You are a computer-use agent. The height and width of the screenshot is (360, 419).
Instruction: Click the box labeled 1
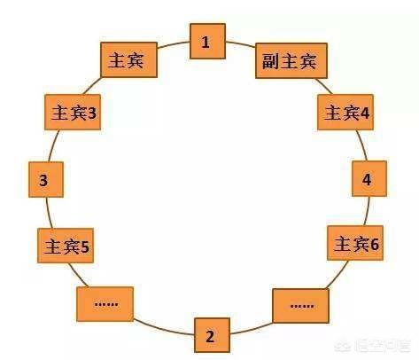pos(207,42)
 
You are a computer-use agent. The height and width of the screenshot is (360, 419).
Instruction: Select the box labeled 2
pos(212,335)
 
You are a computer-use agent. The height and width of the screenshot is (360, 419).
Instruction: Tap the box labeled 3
pos(46,179)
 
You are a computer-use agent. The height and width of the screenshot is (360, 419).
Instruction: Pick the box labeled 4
pos(369,178)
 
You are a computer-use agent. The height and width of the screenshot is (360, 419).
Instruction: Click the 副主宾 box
pos(291,60)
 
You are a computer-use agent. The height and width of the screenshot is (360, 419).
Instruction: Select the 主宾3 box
pos(73,112)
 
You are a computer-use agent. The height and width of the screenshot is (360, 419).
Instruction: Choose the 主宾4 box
pos(345,112)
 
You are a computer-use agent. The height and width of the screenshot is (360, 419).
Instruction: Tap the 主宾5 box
pos(66,246)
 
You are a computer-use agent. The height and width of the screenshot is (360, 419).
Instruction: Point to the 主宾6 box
pos(355,243)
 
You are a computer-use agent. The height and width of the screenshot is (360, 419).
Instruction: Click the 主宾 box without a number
pos(128,59)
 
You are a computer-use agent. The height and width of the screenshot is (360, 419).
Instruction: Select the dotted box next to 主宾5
pos(105,304)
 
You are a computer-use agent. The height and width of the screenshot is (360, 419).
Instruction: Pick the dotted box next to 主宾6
pos(301,306)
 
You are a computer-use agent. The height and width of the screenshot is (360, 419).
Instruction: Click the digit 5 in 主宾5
pos(85,247)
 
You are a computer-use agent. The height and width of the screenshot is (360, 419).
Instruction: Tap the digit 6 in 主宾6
pos(375,244)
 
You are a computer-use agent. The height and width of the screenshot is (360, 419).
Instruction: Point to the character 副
pos(269,61)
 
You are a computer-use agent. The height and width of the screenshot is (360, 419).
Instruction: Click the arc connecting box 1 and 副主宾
pos(241,44)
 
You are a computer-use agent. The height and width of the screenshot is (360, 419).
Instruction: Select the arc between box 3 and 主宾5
pos(49,213)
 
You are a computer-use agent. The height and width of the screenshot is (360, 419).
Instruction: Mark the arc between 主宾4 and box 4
pos(362,145)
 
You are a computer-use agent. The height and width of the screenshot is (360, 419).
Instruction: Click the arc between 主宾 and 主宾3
pos(93,86)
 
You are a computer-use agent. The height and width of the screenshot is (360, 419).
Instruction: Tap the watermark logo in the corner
pos(342,344)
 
